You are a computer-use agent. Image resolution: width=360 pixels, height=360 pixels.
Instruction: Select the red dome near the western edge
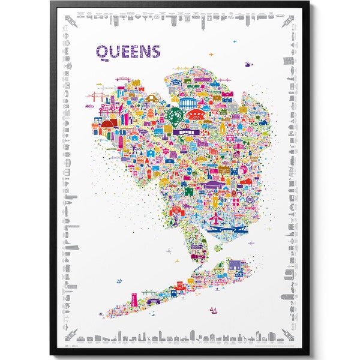[x=109, y=125]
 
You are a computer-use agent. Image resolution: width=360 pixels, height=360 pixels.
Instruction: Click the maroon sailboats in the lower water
[x=214, y=310]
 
